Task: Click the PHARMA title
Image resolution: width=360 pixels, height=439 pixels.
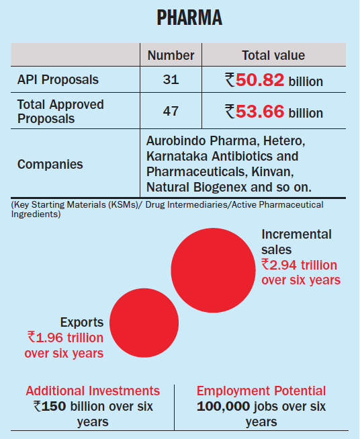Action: [x=189, y=17]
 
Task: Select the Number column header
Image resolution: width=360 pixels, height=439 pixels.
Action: [x=171, y=55]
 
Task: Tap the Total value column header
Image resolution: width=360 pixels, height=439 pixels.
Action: [x=273, y=55]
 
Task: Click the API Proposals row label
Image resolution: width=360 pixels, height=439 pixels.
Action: [x=58, y=79]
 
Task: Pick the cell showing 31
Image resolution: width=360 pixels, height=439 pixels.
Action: [x=171, y=79]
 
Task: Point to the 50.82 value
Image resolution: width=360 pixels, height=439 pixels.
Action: [x=260, y=80]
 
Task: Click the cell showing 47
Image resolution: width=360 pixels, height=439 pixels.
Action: [x=171, y=111]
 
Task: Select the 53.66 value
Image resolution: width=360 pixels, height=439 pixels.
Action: [x=260, y=112]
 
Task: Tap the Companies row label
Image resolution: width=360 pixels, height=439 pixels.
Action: [x=50, y=164]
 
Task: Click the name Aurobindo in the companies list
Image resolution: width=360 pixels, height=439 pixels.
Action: [x=176, y=141]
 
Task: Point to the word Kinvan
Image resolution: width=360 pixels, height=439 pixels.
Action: [x=273, y=171]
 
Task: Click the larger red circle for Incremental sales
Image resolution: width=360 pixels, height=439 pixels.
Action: [x=213, y=270]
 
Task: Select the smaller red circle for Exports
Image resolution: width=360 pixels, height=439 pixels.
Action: [x=144, y=323]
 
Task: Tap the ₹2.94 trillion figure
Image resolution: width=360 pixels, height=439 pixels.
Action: [x=300, y=265]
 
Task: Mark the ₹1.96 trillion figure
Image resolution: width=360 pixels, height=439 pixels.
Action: [x=65, y=337]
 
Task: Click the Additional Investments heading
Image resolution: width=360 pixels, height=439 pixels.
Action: [x=93, y=391]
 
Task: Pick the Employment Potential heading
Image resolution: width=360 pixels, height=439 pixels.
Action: [x=261, y=391]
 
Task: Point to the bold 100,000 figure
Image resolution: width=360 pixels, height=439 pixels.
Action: [x=223, y=407]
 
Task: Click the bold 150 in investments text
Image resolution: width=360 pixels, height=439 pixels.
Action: [x=54, y=407]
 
